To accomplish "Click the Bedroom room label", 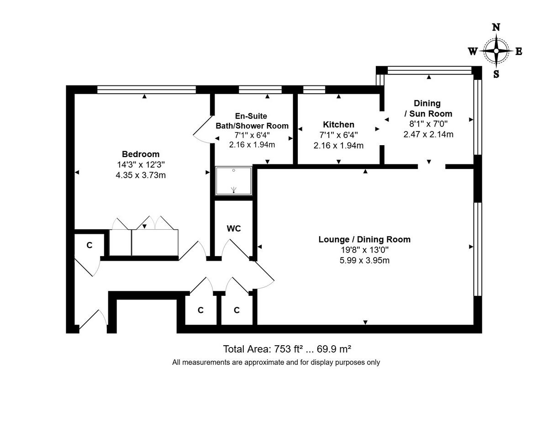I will (141, 154).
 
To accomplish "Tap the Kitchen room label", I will (338, 125).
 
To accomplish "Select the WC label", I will (234, 228).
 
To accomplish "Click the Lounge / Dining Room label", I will (364, 239).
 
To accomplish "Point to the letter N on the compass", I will (496, 27).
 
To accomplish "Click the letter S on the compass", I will (496, 74).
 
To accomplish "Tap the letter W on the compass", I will (473, 51).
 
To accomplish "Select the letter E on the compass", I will (519, 51).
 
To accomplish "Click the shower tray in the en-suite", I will (233, 181).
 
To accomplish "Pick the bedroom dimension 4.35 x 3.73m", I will (141, 175).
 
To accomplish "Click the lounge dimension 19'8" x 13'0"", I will (364, 250).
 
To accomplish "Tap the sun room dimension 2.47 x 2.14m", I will (428, 134).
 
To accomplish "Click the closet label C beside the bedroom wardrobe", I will (90, 245).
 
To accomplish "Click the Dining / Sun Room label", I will (427, 109).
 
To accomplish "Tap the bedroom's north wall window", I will (146, 90).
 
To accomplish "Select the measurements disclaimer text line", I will (276, 363).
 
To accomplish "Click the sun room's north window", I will (429, 70).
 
